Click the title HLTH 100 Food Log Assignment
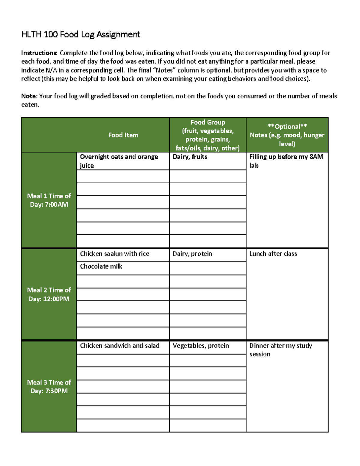click(80, 35)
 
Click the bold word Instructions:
click(39, 53)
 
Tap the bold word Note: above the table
click(29, 96)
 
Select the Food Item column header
click(123, 135)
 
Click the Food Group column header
click(208, 135)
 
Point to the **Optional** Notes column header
click(287, 135)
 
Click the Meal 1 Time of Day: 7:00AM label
click(49, 200)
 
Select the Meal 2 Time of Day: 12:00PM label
click(49, 294)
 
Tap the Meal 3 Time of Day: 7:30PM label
click(49, 386)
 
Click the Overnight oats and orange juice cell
click(119, 161)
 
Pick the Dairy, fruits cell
click(190, 157)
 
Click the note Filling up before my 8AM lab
click(286, 161)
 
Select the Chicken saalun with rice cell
click(115, 254)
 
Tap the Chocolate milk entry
click(101, 266)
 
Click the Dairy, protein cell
click(192, 254)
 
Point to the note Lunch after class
click(273, 254)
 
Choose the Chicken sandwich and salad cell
click(120, 346)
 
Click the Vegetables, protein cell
click(201, 346)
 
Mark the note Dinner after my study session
click(280, 350)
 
